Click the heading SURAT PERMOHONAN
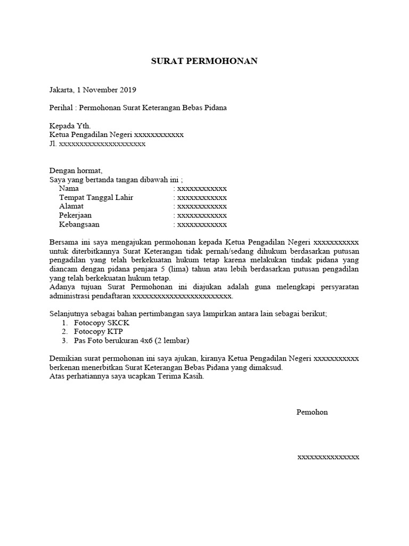tap(204, 61)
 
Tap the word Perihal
tap(61, 108)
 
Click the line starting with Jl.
tap(97, 144)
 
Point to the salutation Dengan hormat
tap(75, 171)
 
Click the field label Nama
tap(69, 189)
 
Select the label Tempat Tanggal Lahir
tap(96, 198)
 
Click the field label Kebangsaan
tap(79, 224)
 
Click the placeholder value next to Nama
tap(202, 189)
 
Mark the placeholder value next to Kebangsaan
tap(202, 224)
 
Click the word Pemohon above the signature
tap(312, 412)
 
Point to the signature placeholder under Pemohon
tap(328, 457)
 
